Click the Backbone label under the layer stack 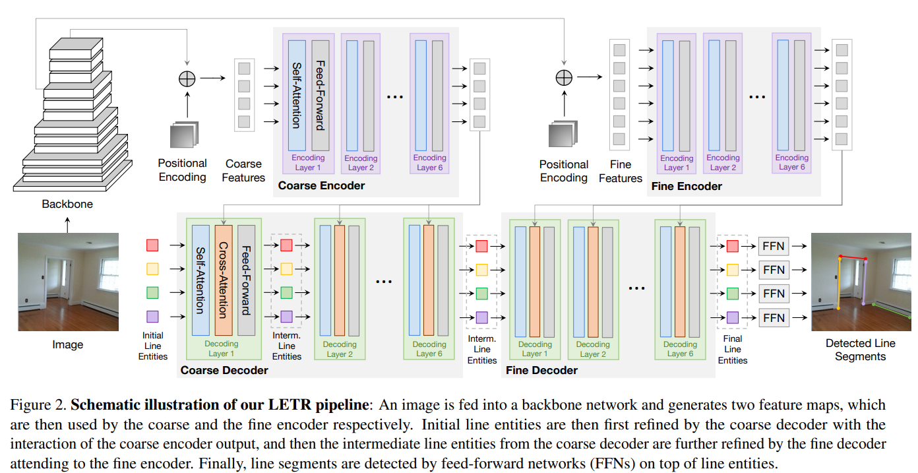click(x=67, y=204)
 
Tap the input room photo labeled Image click(x=68, y=282)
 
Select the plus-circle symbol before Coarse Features click(x=187, y=78)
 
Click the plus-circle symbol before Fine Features click(x=564, y=78)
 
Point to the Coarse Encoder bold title click(x=321, y=185)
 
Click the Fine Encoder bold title click(x=686, y=186)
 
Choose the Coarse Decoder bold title click(x=224, y=370)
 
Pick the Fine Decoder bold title click(x=541, y=370)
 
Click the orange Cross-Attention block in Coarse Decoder click(x=224, y=280)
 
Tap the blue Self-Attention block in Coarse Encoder click(x=297, y=95)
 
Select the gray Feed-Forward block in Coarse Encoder click(x=320, y=95)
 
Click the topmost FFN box click(x=774, y=246)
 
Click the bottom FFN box click(x=774, y=317)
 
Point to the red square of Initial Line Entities click(x=152, y=245)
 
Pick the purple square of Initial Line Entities click(x=152, y=316)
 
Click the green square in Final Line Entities click(x=733, y=293)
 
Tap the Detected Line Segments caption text click(x=860, y=350)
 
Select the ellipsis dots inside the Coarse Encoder click(x=394, y=97)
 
